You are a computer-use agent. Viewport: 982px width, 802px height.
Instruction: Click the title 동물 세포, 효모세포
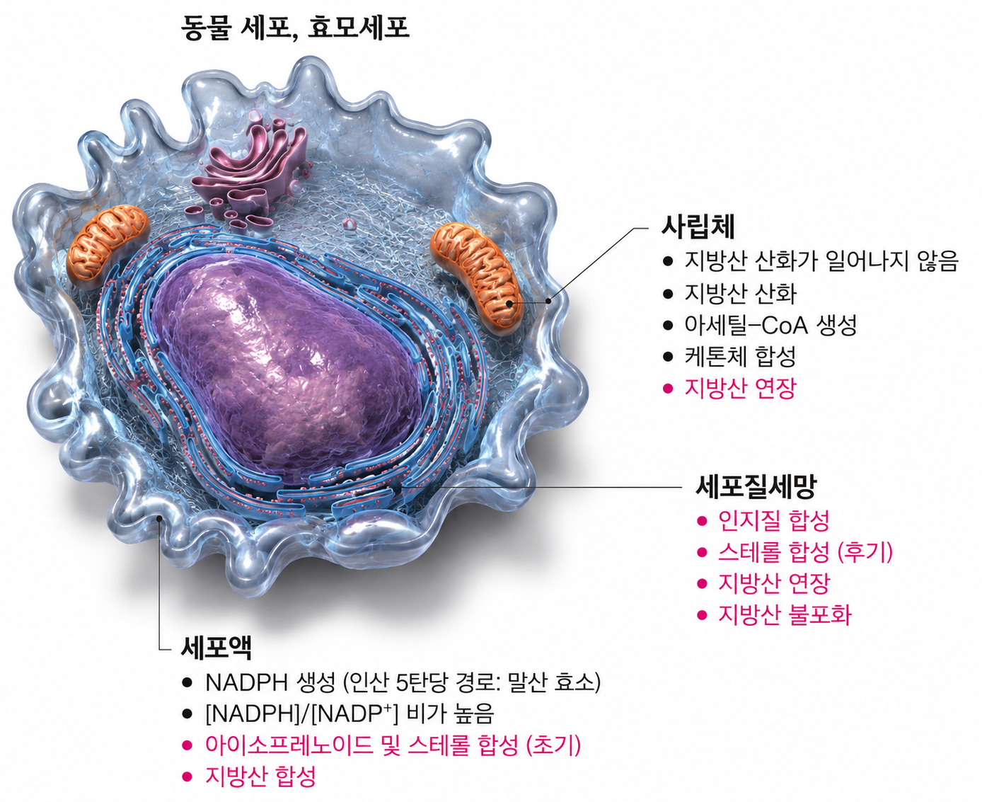click(295, 28)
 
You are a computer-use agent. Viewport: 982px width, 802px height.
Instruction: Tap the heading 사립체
click(698, 227)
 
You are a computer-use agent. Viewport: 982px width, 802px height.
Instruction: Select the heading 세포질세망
click(755, 487)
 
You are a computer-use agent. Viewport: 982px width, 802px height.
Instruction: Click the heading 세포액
click(216, 648)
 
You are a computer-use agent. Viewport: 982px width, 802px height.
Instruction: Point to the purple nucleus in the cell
click(287, 368)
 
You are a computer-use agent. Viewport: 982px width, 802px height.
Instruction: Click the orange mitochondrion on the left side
click(108, 246)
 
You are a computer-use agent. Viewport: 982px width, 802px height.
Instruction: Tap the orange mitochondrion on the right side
click(474, 277)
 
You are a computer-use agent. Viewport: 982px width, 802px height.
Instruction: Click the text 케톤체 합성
click(740, 357)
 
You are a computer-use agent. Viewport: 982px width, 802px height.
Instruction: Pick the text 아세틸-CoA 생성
click(770, 325)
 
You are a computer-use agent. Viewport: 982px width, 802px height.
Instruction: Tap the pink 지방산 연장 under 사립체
click(740, 389)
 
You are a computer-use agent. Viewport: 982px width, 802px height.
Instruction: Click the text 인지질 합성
click(773, 520)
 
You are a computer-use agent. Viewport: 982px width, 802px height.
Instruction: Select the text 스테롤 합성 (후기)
click(805, 552)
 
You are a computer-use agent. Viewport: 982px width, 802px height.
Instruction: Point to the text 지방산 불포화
click(785, 614)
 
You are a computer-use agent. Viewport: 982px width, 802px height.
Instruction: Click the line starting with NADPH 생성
click(403, 682)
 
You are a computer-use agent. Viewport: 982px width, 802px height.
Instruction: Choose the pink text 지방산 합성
click(261, 776)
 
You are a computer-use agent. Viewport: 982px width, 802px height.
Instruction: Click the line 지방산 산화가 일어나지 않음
click(821, 261)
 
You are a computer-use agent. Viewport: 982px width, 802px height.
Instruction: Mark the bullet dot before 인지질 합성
click(701, 521)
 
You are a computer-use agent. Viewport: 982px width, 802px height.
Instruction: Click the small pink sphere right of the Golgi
click(350, 224)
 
